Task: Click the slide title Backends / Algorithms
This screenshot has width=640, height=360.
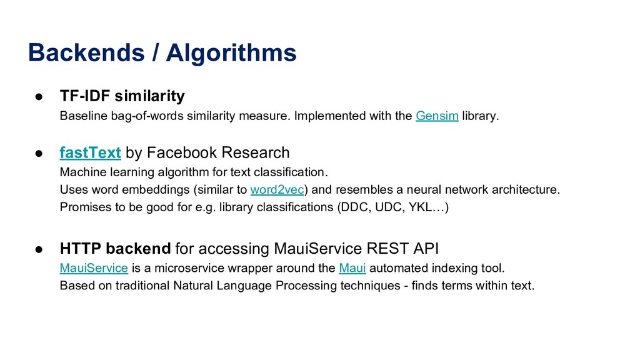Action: coord(162,53)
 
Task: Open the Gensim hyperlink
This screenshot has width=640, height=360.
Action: coord(437,116)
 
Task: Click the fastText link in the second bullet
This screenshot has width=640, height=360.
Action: coord(90,152)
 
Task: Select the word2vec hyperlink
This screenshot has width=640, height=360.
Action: coord(276,189)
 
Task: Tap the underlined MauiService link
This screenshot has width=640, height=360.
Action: coord(94,269)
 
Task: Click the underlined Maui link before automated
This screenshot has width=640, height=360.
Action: coord(352,269)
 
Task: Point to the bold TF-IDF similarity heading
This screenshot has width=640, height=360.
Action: coord(122,96)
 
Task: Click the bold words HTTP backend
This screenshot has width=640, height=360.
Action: coord(115,249)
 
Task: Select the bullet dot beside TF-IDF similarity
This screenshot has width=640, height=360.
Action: coord(39,97)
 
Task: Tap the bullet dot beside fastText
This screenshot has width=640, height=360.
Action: coord(39,153)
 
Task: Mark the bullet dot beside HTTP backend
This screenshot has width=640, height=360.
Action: coord(39,249)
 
